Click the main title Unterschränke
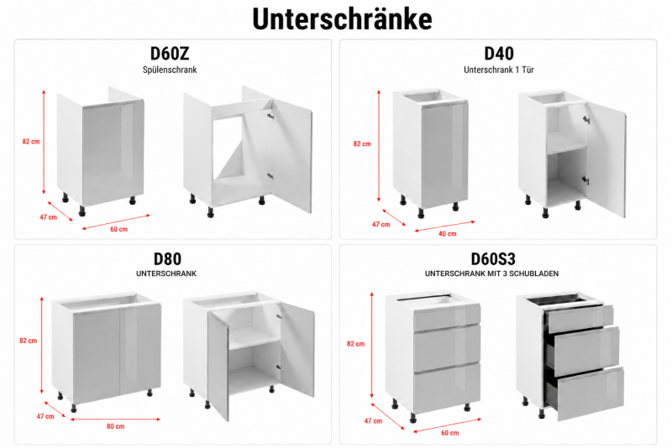point(342,18)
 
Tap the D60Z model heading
point(170,54)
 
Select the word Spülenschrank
point(170,70)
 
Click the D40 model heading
point(499,54)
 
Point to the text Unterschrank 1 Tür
point(499,70)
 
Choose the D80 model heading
point(167,259)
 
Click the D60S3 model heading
point(493,259)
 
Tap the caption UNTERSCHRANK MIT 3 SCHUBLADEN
point(491,273)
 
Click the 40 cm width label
point(448,233)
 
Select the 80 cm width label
point(116,426)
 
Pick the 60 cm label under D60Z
point(118,229)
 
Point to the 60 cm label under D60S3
point(450,433)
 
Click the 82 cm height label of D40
point(362,143)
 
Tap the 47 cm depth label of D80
point(45,416)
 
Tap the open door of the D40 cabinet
point(606,159)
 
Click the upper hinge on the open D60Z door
point(270,116)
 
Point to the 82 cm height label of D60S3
point(355,344)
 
